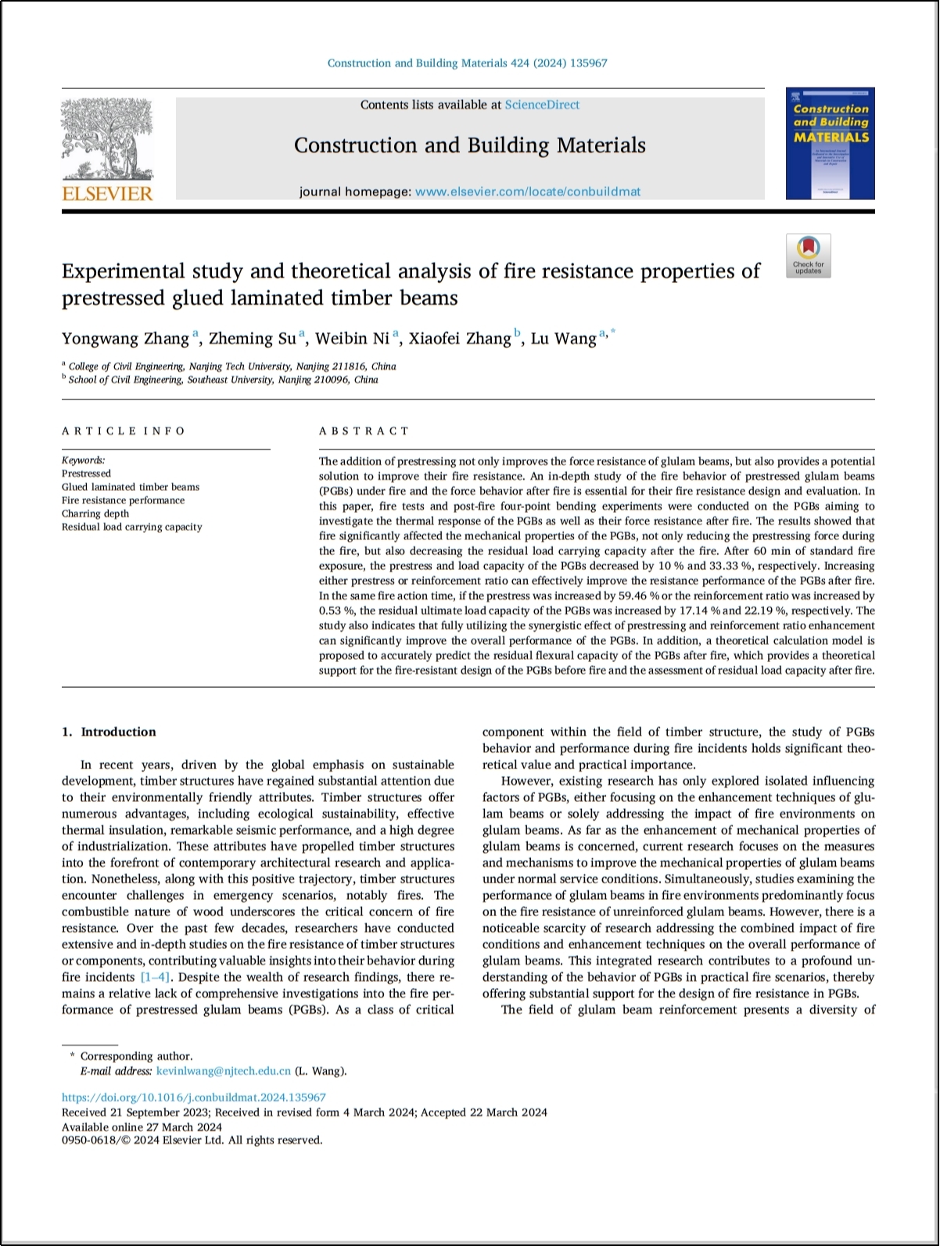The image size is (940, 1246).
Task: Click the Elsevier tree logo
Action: click(107, 139)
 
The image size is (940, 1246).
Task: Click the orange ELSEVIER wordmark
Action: click(107, 193)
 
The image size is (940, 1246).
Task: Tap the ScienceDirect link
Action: click(542, 105)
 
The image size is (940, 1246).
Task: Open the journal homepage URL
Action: click(528, 192)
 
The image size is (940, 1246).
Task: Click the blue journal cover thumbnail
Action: click(830, 143)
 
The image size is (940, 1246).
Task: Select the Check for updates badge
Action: click(808, 256)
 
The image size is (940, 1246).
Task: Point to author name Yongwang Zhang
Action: click(125, 338)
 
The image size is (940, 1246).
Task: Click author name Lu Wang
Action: click(563, 338)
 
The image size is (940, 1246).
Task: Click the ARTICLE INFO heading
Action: click(124, 431)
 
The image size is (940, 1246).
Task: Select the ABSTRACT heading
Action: click(364, 431)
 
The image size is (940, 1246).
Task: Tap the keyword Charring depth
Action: click(95, 514)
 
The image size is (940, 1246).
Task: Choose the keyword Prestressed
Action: click(87, 474)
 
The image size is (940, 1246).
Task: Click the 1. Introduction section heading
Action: click(109, 732)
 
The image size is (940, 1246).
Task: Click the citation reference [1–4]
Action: click(155, 977)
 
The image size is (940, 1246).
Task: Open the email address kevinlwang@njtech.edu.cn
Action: click(224, 1071)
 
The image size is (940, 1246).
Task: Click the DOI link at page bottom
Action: click(194, 1097)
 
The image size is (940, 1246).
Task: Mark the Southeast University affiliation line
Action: click(223, 380)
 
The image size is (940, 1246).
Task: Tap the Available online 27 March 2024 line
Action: click(142, 1126)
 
